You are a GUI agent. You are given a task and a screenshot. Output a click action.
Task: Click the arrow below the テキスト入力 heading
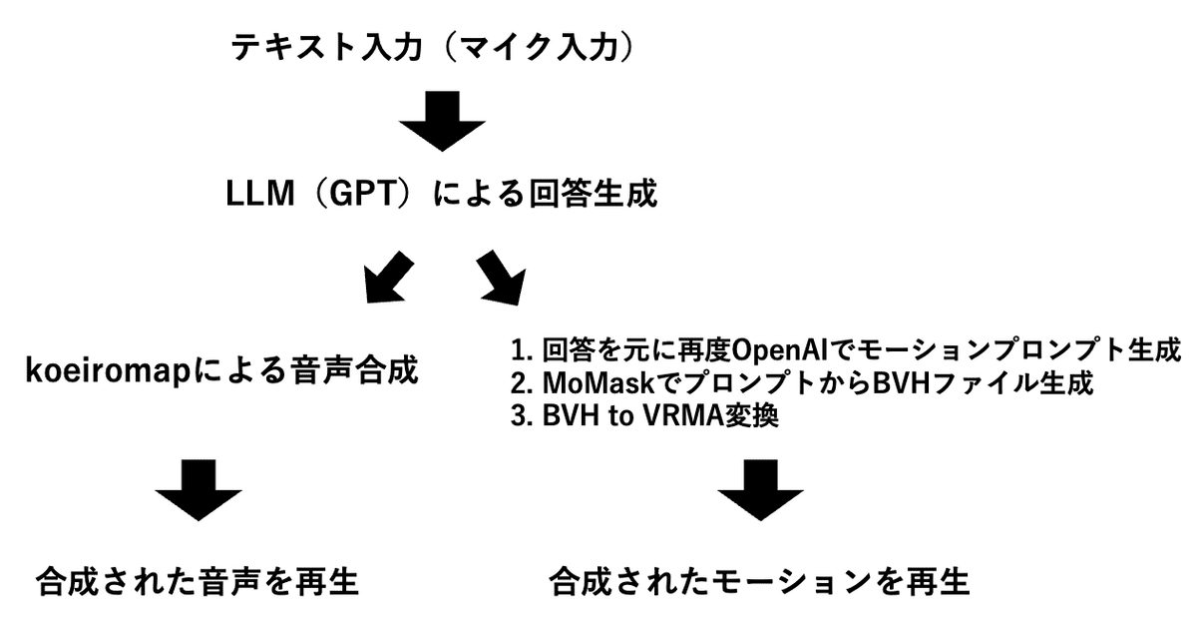tap(442, 121)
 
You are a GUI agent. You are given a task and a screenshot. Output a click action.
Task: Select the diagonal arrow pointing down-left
tap(388, 278)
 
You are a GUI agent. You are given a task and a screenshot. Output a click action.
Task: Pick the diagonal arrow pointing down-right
tap(501, 278)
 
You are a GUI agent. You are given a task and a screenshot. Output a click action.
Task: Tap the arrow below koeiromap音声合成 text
tap(199, 490)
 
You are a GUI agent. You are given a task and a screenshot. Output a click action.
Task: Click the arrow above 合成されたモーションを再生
tap(760, 490)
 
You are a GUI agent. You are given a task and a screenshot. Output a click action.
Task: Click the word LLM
tap(260, 193)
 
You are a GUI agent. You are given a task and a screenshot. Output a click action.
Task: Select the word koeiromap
tap(108, 370)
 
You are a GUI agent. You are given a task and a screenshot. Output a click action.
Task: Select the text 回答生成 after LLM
tap(593, 193)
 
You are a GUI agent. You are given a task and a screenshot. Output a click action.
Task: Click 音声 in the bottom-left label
tap(231, 582)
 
